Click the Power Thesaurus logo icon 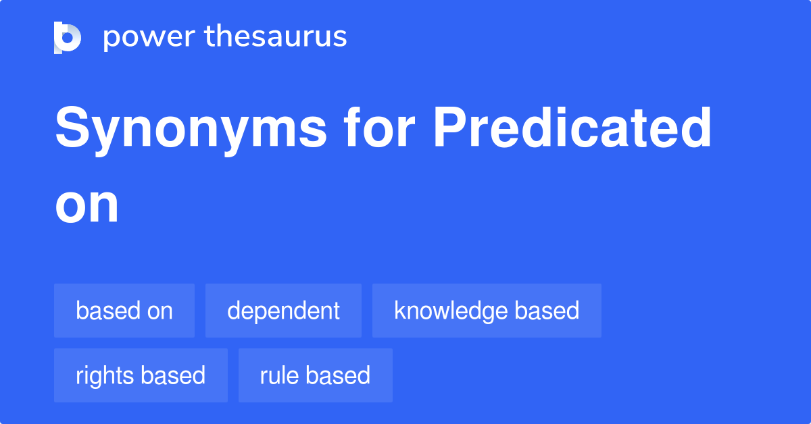point(68,37)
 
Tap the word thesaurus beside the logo point(275,37)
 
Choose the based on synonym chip point(124,311)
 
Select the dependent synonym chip point(283,311)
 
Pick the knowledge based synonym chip point(487,311)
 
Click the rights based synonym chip point(141,375)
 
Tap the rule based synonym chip point(315,375)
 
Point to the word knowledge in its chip point(451,311)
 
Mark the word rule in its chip point(280,375)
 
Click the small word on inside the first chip point(158,311)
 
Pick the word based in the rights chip point(174,375)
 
